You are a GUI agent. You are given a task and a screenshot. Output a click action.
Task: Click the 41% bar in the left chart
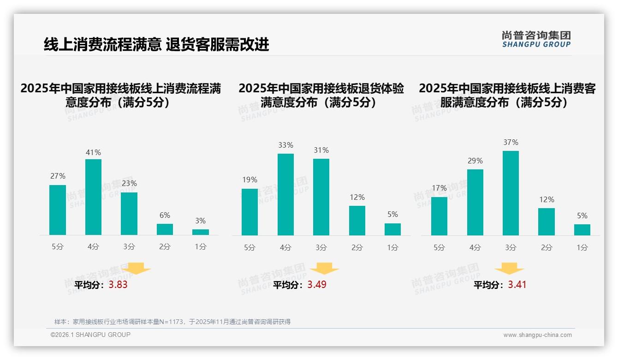[93, 197]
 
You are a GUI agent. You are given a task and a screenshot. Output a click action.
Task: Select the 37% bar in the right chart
[511, 193]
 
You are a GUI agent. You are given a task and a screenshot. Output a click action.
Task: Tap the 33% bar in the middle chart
[285, 194]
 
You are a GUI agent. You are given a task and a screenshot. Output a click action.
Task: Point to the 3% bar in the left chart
[201, 232]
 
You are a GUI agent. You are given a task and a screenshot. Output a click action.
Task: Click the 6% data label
[165, 215]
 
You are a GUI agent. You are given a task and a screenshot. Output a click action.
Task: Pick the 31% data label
[321, 150]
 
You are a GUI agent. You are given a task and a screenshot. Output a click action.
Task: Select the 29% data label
[475, 161]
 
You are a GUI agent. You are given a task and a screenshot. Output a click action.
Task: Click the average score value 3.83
[118, 285]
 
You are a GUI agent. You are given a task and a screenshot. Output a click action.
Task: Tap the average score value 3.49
[317, 285]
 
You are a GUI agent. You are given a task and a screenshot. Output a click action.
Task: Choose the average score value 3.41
[517, 285]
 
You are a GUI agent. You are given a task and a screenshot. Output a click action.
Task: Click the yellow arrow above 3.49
[324, 269]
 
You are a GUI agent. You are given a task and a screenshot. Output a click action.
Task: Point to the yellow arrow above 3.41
[509, 269]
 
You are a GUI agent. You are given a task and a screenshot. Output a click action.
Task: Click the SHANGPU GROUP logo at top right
[536, 39]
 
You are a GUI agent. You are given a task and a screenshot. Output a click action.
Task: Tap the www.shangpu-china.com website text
[537, 335]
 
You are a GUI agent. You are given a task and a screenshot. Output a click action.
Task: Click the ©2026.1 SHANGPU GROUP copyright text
[90, 335]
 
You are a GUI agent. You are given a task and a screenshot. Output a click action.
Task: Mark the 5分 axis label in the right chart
[439, 248]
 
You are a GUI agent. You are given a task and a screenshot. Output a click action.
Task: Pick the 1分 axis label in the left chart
[201, 247]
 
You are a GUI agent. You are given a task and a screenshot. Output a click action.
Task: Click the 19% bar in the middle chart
[250, 212]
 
